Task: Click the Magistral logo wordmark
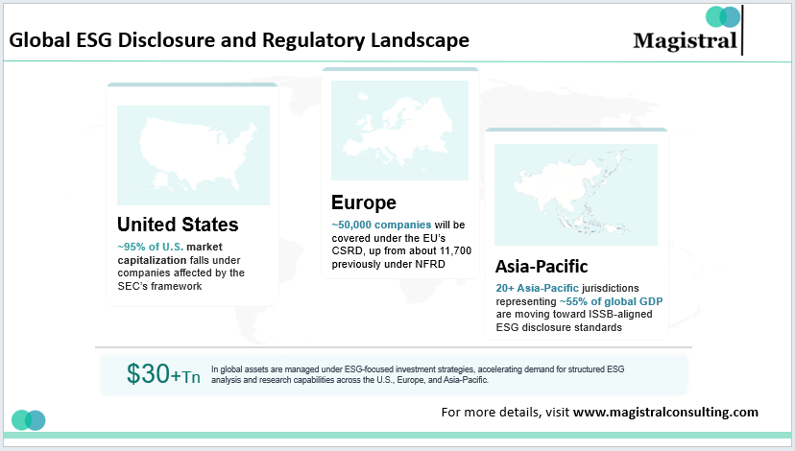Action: (x=686, y=40)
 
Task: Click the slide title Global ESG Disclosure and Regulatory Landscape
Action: (x=238, y=40)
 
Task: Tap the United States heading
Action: (x=178, y=225)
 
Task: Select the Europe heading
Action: (x=364, y=202)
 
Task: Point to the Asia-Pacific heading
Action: (x=542, y=266)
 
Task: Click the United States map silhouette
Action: (x=193, y=154)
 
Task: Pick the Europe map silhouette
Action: (x=398, y=129)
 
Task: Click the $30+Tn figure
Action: (x=164, y=374)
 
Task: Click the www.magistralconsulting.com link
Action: (x=665, y=413)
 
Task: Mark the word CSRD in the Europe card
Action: (x=348, y=249)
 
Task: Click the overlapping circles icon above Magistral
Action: (x=723, y=16)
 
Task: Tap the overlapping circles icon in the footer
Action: (x=29, y=419)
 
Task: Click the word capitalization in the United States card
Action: (x=156, y=259)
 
